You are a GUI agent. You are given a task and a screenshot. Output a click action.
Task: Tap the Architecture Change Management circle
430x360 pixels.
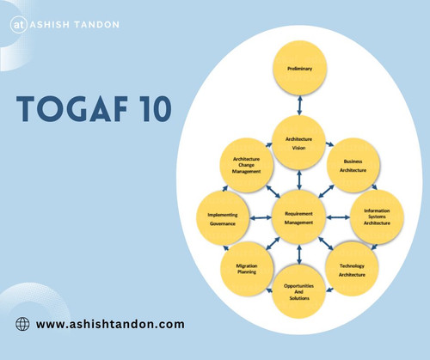(x=247, y=163)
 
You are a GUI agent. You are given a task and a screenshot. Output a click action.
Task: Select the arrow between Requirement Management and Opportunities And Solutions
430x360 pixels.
(x=298, y=255)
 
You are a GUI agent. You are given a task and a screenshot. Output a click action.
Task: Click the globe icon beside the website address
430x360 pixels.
(x=23, y=324)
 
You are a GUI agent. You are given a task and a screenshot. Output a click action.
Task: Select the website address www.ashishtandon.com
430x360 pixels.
(x=111, y=324)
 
